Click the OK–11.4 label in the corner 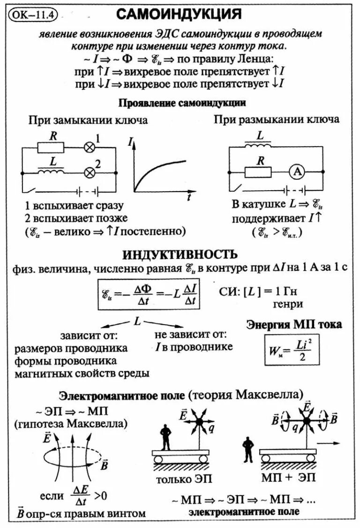click(x=32, y=14)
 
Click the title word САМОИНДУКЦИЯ click(x=179, y=15)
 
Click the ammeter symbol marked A click(x=296, y=172)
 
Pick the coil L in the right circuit click(x=261, y=147)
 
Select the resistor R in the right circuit click(x=258, y=172)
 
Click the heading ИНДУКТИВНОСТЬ click(x=180, y=254)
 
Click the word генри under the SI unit click(x=287, y=305)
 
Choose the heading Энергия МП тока click(x=294, y=324)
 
